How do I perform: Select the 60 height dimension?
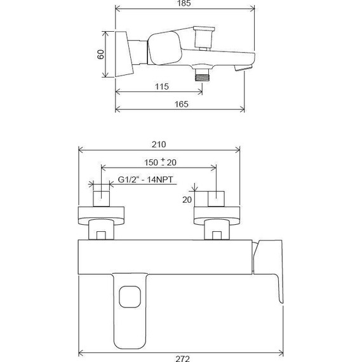tap(101, 55)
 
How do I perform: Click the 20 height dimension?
tap(186, 199)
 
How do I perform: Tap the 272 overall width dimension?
tap(181, 357)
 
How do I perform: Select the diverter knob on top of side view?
tap(203, 36)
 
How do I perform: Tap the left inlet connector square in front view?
tap(102, 198)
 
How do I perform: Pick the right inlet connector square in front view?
tap(216, 198)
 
